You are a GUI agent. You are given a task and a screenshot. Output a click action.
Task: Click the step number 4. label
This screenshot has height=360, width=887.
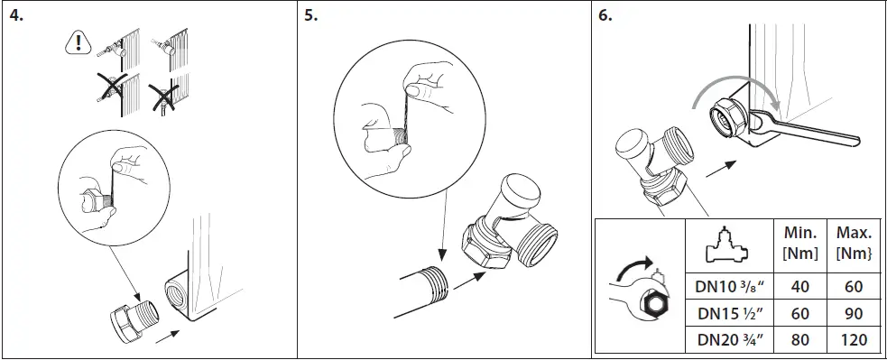15,17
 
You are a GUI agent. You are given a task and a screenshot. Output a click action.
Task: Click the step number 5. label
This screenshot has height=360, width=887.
311,17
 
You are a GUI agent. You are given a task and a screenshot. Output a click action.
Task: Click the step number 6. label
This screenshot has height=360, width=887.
605,17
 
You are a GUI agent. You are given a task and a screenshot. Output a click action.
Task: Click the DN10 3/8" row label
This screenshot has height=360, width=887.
729,287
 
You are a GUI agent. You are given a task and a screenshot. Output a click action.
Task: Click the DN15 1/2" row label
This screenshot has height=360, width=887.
729,313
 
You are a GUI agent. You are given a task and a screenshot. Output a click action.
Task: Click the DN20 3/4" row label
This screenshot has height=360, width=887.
729,340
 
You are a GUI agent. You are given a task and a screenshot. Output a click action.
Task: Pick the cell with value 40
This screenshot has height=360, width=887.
799,287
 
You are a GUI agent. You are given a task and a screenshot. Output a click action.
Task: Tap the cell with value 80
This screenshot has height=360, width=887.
799,340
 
